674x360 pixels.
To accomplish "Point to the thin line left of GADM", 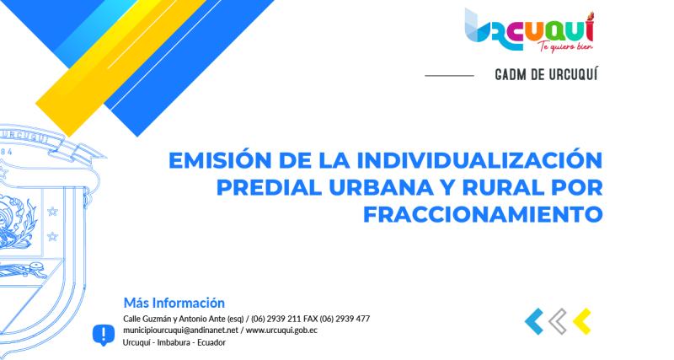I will [449, 75].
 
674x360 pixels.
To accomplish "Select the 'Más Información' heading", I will [174, 302].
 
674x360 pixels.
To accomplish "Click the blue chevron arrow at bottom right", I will [532, 320].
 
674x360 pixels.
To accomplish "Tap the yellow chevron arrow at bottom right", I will [580, 320].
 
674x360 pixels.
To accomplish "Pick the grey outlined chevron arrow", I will [557, 320].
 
